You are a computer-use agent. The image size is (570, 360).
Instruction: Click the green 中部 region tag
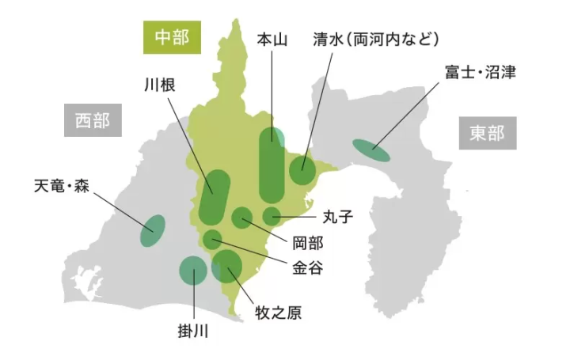(172, 37)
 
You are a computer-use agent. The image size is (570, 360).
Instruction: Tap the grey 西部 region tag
(92, 122)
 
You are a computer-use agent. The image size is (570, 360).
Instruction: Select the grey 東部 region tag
(487, 133)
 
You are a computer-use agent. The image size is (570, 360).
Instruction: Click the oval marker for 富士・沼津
(370, 150)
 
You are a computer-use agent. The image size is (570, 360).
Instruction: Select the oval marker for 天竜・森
(153, 229)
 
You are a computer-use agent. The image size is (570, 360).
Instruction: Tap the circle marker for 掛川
(192, 271)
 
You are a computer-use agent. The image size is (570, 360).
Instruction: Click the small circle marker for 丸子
(272, 215)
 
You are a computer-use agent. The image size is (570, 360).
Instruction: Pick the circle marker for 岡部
(241, 217)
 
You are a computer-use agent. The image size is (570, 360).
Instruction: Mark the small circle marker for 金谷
(212, 238)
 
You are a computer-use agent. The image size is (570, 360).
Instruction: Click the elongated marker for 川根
(214, 196)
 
